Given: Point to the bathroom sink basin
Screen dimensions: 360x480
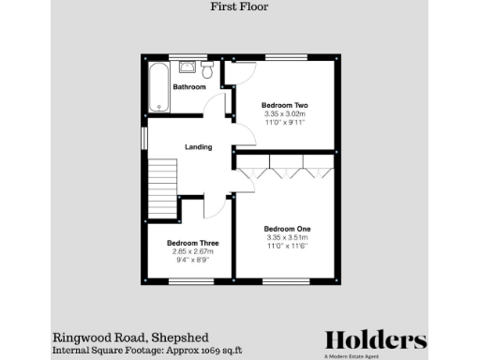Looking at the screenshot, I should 187,67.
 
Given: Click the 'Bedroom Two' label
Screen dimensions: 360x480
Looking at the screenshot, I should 285,105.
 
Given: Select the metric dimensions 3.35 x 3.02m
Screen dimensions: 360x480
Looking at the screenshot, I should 285,114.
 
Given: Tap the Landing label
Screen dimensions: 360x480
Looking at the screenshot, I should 198,147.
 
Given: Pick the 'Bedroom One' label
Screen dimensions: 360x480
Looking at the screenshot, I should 287,230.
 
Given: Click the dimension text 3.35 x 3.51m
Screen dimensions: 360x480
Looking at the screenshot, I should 287,238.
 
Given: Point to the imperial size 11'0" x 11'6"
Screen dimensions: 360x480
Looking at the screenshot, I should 287,247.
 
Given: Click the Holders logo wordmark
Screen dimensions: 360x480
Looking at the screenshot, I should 376,339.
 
